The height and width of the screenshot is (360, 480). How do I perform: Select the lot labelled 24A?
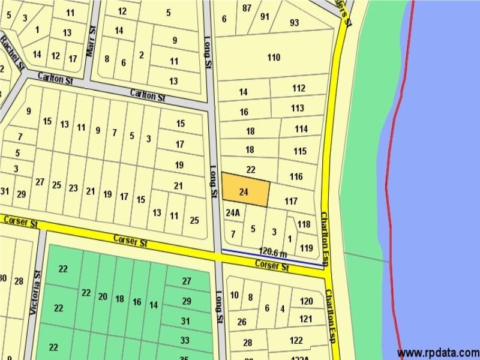coord(233,212)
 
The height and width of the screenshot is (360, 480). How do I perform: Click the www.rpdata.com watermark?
coord(438,352)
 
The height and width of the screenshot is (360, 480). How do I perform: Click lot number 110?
coord(274,58)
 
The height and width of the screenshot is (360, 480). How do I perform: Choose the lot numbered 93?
coord(294,23)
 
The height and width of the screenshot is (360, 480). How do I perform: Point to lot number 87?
coord(247,8)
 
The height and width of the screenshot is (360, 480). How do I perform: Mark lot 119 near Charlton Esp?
coord(307,247)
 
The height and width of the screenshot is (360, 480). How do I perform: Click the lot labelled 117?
coord(291,201)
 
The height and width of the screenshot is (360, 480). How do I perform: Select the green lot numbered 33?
coord(185,340)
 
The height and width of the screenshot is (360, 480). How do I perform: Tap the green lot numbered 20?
coord(103,297)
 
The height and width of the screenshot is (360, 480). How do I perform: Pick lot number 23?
coord(73,188)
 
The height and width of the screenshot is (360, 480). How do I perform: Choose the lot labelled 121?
coord(306,319)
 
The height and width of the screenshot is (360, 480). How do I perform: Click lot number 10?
coord(234,295)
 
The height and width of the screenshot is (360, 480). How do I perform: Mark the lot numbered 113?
coord(298,109)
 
